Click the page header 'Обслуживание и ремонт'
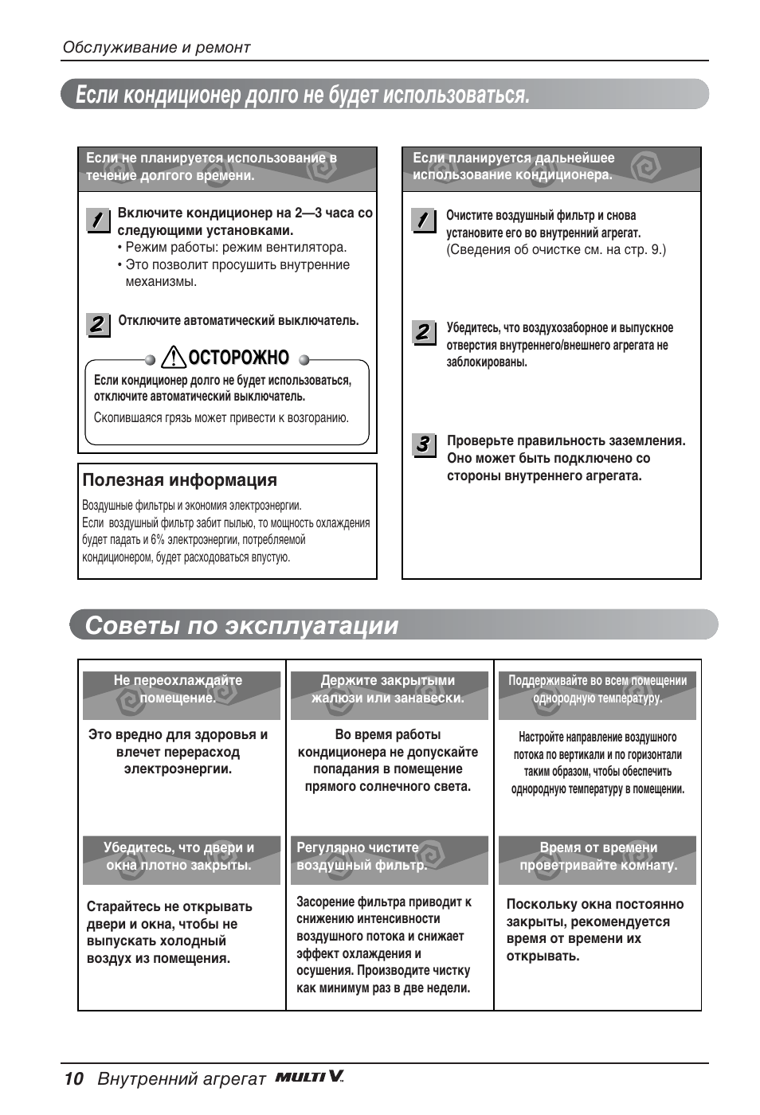pos(156,48)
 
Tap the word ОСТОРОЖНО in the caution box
pos(238,358)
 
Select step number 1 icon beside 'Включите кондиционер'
pos(97,221)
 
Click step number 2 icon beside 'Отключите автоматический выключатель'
pos(97,324)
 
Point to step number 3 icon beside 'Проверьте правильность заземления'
pos(424,444)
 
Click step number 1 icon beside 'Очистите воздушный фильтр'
pos(424,220)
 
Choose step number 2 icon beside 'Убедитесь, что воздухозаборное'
pos(424,332)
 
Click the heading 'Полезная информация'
pos(180,480)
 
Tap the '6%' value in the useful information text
pos(158,540)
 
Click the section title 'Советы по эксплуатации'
pos(241,625)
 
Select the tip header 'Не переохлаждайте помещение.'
pos(181,690)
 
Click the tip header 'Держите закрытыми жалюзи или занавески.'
pos(388,690)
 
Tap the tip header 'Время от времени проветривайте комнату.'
pos(597,857)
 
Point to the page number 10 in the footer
pos(73,1079)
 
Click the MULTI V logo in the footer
pos(309,1077)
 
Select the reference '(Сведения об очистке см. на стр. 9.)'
pos(555,250)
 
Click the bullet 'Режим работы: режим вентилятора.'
pos(235,248)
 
